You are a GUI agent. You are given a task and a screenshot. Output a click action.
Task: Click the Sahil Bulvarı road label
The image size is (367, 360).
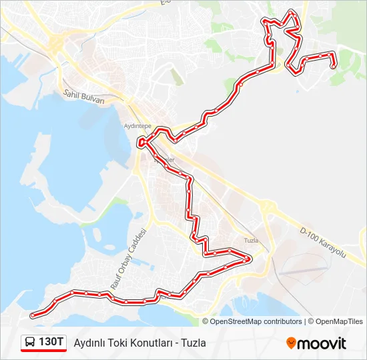[84, 98]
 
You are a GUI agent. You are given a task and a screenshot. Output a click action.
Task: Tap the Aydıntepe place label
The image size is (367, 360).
[138, 125]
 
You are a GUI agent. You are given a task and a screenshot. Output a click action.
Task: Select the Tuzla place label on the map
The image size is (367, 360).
[251, 240]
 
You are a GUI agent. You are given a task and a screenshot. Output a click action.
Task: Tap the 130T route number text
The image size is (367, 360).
[52, 342]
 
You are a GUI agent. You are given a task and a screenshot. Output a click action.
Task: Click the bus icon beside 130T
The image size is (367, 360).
[31, 343]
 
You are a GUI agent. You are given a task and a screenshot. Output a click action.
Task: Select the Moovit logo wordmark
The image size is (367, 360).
[322, 343]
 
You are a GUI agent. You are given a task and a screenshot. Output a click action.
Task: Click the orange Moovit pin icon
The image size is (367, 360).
[291, 343]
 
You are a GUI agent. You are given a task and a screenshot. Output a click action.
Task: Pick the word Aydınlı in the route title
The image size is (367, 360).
[89, 343]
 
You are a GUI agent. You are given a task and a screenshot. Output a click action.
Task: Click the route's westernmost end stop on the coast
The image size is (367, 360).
[32, 315]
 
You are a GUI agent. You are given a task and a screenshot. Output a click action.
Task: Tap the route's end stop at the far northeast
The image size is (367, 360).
[333, 65]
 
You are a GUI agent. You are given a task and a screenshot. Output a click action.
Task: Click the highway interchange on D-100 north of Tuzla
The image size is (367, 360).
[268, 209]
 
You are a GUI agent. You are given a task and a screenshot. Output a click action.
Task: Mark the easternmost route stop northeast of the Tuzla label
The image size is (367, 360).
[248, 258]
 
